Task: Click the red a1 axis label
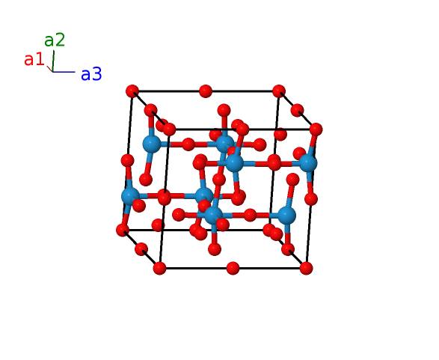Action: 34,59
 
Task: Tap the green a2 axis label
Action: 55,40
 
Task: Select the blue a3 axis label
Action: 91,74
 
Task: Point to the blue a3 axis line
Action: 64,72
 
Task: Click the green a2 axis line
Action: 53,61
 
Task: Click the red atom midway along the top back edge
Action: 206,91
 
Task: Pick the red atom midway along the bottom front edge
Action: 233,268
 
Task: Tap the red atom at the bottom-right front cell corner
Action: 306,268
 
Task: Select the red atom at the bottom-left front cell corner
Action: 159,268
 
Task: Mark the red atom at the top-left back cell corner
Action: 132,91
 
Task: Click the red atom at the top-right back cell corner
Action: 279,91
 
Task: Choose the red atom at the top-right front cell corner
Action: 316,129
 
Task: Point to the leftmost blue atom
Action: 130,196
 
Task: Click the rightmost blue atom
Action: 308,163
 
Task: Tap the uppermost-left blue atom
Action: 152,144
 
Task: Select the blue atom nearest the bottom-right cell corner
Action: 286,215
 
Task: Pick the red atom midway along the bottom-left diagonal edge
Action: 141,249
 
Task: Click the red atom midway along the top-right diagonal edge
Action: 298,110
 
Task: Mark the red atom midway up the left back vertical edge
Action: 127,160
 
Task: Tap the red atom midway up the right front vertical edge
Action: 311,199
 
